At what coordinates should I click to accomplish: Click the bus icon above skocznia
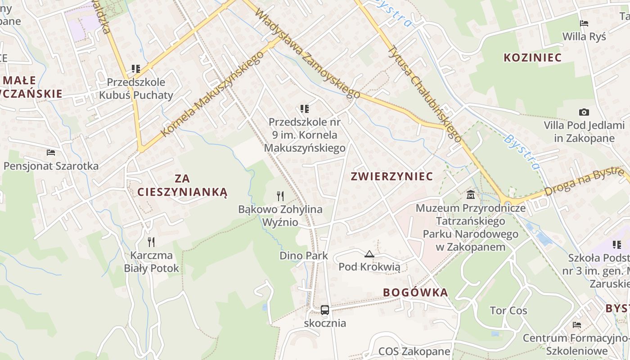point(325,310)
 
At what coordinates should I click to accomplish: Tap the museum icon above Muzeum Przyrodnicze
point(471,195)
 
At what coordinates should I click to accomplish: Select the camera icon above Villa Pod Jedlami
point(584,112)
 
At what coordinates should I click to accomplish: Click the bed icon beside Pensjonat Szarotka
point(51,153)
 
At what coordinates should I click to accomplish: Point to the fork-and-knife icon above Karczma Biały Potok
point(152,242)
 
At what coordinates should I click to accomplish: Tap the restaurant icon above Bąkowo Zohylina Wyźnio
point(280,196)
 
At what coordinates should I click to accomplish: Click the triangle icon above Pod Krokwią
point(369,254)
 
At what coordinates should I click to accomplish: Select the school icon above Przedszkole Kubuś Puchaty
point(136,69)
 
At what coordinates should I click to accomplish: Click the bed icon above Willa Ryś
point(584,23)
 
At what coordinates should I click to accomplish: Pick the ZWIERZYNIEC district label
point(392,176)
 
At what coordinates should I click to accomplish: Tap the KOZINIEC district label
point(533,58)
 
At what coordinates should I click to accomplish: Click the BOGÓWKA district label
point(415,292)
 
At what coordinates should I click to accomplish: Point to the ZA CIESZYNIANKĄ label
point(182,186)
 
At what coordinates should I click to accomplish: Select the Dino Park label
point(304,256)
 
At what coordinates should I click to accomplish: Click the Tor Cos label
point(508,310)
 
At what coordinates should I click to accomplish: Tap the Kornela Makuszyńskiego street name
point(212,94)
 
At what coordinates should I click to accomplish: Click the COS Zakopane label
point(414,351)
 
